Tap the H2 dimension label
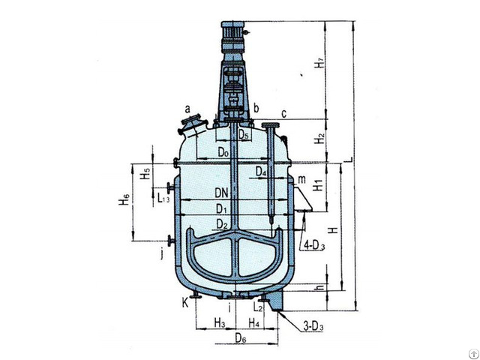point(319,139)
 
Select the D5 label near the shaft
point(245,134)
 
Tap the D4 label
point(261,172)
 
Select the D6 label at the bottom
point(239,340)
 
